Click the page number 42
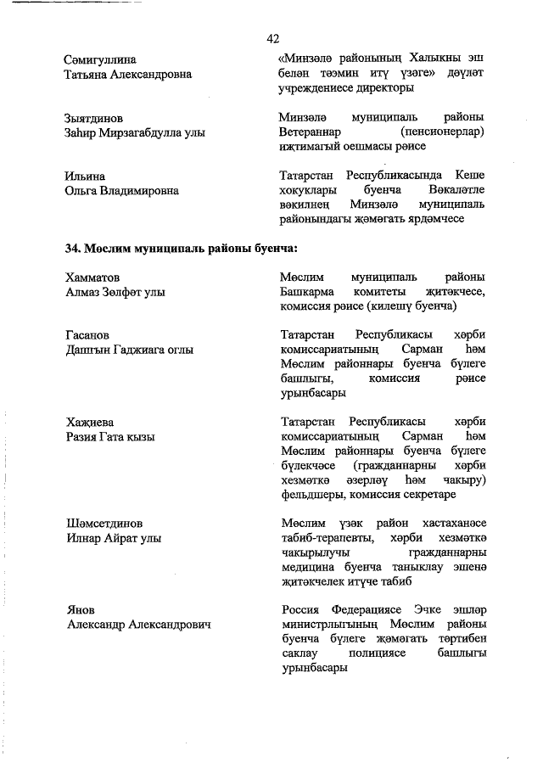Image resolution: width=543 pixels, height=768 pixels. point(272,39)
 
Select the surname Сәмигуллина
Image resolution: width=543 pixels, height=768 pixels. point(100,59)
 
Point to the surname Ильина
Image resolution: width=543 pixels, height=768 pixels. point(85,176)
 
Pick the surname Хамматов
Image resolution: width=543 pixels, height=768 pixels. point(92,277)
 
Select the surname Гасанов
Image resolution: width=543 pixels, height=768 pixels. point(87,335)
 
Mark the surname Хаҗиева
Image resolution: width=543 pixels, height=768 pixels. point(90,422)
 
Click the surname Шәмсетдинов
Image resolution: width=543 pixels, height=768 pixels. point(104,523)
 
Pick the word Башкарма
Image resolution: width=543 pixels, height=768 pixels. point(304,292)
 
